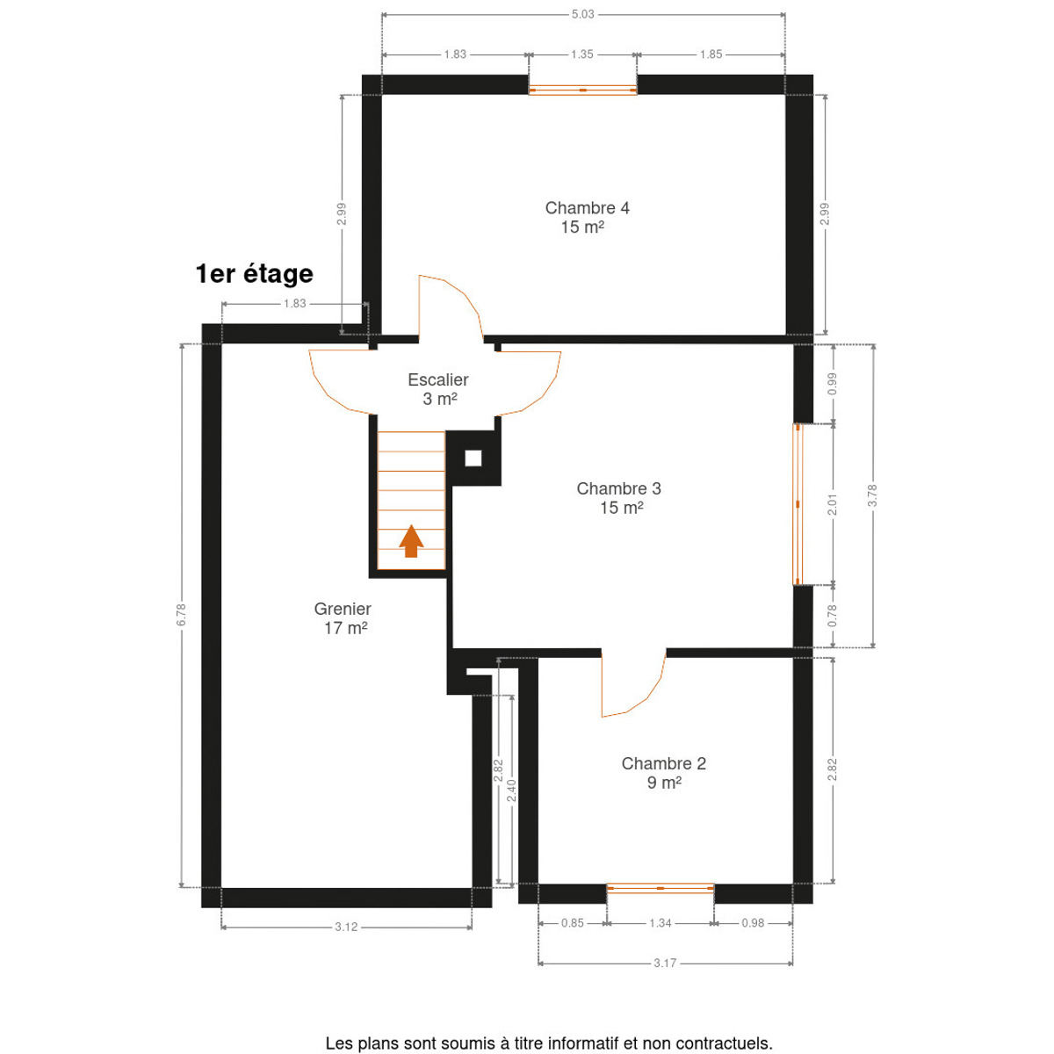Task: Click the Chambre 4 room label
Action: point(587,217)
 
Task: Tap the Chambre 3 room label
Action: point(618,498)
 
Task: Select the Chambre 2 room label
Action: point(663,773)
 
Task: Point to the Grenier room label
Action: point(343,618)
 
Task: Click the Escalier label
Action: point(438,389)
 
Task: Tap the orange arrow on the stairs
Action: point(411,541)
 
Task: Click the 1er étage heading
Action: point(255,273)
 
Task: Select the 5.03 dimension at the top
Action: point(582,14)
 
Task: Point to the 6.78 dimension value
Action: point(182,615)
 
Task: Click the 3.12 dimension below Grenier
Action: point(346,927)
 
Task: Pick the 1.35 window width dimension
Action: point(582,54)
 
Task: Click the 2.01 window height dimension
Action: point(833,504)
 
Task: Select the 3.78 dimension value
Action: point(872,495)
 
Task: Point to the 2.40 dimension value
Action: point(511,790)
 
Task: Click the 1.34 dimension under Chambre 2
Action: point(660,923)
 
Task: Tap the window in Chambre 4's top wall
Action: point(582,90)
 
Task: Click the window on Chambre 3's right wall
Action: point(798,504)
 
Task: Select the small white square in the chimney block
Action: point(473,458)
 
